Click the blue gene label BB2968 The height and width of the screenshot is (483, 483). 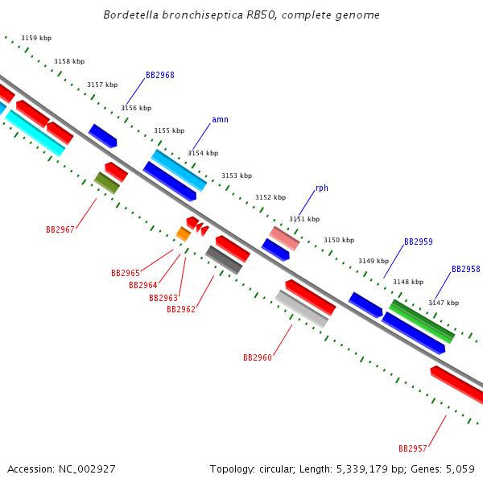pyautogui.click(x=159, y=76)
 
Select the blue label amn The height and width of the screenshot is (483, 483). pyautogui.click(x=220, y=120)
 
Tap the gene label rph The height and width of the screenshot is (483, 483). pyautogui.click(x=321, y=188)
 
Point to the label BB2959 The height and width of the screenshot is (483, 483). pyautogui.click(x=418, y=242)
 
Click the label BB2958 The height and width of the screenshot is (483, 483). pyautogui.click(x=465, y=270)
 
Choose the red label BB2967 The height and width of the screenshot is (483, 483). pyautogui.click(x=60, y=230)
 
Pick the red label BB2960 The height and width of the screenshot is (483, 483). pyautogui.click(x=257, y=357)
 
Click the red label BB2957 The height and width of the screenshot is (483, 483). pyautogui.click(x=412, y=448)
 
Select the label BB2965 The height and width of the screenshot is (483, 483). pyautogui.click(x=125, y=274)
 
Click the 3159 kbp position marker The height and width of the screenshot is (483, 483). pyautogui.click(x=36, y=38)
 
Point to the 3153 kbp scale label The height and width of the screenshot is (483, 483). pyautogui.click(x=237, y=175)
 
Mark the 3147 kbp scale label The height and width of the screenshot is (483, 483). pyautogui.click(x=444, y=303)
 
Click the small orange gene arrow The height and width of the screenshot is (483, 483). pyautogui.click(x=184, y=233)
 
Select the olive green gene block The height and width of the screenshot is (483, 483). pyautogui.click(x=107, y=183)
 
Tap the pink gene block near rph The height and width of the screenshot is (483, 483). pyautogui.click(x=284, y=237)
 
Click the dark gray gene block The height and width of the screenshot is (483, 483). pyautogui.click(x=224, y=260)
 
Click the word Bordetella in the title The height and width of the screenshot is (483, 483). pyautogui.click(x=132, y=15)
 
